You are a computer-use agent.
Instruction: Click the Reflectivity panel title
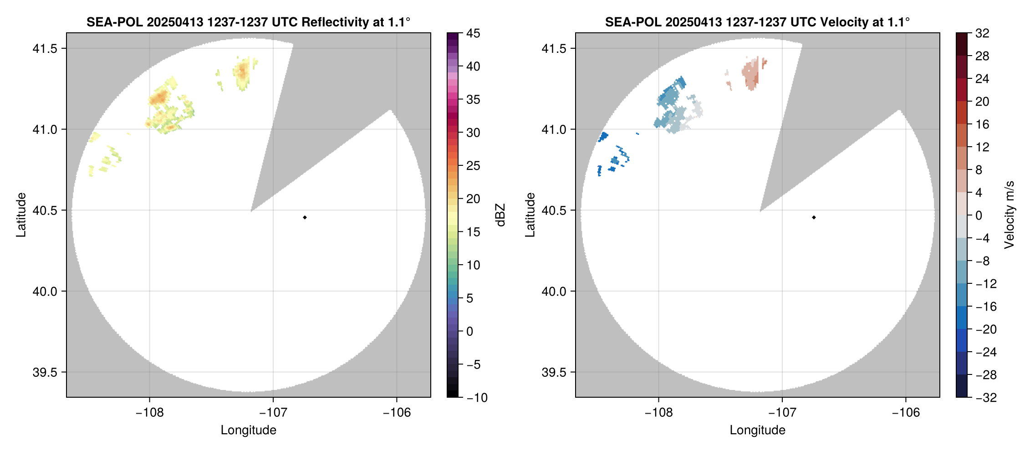click(248, 22)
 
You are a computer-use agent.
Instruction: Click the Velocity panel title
click(757, 22)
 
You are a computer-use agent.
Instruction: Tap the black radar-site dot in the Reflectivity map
click(305, 217)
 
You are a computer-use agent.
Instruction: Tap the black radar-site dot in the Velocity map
click(814, 217)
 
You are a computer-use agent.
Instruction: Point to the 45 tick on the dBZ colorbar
click(473, 33)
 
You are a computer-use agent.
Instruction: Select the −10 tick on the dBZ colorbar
click(476, 397)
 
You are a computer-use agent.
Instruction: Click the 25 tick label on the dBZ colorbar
click(473, 166)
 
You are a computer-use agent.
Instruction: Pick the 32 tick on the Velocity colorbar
click(982, 33)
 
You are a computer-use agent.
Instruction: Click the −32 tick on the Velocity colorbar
click(985, 397)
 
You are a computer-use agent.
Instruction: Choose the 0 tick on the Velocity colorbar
click(979, 215)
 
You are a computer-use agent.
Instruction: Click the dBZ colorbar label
click(500, 215)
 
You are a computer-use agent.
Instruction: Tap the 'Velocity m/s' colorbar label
click(1010, 215)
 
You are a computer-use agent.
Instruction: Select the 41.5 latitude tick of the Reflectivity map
click(45, 48)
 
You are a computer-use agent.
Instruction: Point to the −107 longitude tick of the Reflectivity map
click(273, 412)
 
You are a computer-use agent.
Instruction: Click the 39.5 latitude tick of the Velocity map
click(554, 372)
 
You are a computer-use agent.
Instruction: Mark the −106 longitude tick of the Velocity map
click(905, 412)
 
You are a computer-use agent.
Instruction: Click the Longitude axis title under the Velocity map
click(757, 430)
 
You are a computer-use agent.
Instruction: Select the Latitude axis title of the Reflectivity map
click(21, 215)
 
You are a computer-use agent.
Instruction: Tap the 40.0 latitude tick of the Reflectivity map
click(45, 291)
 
